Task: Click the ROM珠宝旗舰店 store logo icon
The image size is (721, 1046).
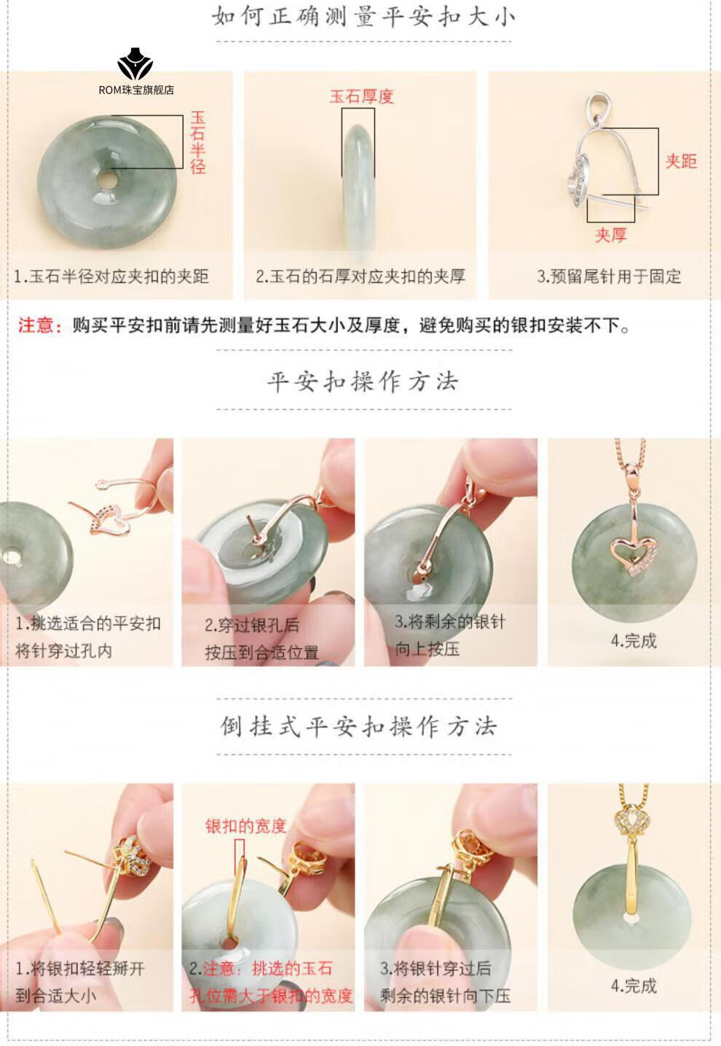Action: (x=135, y=63)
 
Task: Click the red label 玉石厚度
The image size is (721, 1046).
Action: (x=361, y=97)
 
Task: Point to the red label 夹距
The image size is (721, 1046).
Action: (x=681, y=161)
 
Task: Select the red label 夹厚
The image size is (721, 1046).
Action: (x=611, y=235)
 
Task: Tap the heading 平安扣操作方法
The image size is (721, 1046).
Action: (x=363, y=382)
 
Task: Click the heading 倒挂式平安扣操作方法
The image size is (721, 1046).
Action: (x=358, y=726)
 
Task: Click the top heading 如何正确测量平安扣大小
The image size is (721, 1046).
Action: (x=363, y=17)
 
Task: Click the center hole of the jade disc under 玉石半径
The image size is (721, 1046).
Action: (x=107, y=180)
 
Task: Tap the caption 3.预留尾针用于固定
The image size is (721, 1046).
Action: (x=609, y=277)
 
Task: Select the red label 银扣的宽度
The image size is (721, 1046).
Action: (x=245, y=825)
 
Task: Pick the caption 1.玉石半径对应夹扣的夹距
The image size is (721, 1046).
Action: (x=111, y=277)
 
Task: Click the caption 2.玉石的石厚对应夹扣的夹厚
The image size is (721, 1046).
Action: (x=360, y=277)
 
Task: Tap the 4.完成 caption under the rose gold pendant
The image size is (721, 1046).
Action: (x=634, y=641)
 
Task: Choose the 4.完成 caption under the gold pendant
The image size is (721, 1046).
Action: (x=634, y=986)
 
